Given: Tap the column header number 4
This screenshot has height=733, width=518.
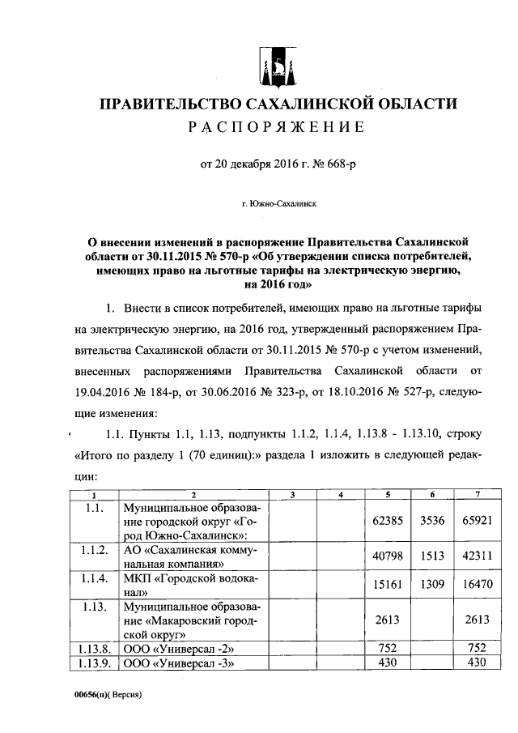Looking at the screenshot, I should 340,496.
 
